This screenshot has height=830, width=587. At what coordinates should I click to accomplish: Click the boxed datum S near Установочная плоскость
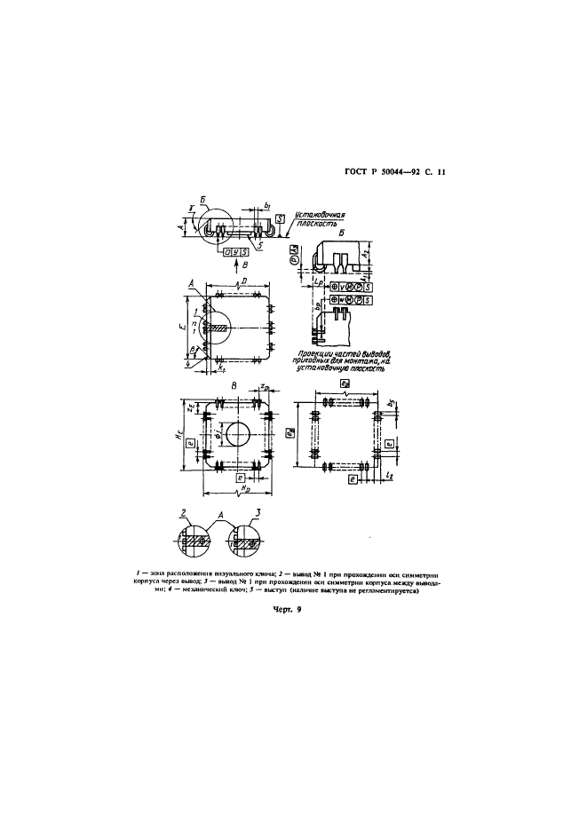pyautogui.click(x=280, y=218)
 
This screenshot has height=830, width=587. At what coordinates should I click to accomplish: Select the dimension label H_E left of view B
pyautogui.click(x=182, y=439)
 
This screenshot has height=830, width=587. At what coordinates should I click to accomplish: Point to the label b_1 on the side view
pyautogui.click(x=266, y=206)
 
